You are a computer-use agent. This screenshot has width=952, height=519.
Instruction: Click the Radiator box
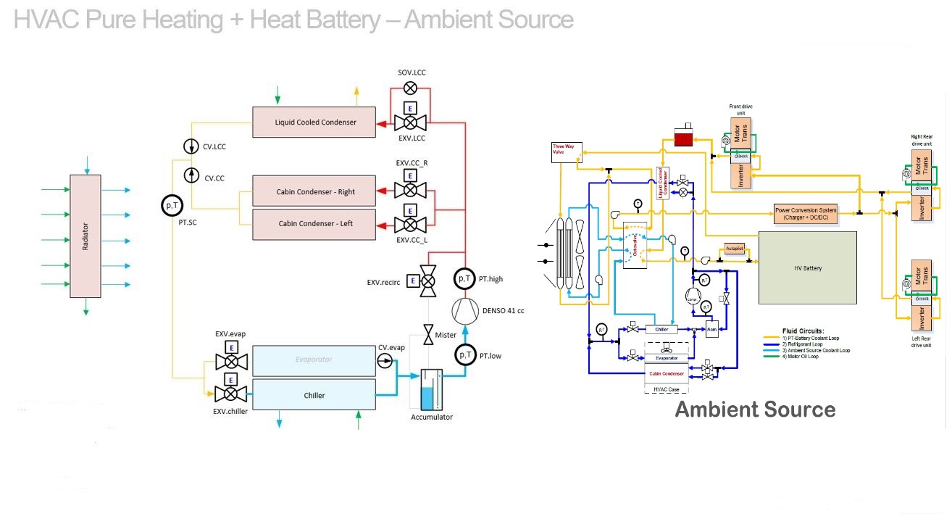tap(85, 236)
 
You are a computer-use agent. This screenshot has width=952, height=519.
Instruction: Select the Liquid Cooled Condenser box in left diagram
tap(314, 122)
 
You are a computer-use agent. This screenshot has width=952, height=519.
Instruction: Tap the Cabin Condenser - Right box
tap(314, 191)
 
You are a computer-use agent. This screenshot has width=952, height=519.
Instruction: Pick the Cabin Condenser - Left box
tap(314, 223)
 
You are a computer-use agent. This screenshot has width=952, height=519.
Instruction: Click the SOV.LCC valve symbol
tap(410, 88)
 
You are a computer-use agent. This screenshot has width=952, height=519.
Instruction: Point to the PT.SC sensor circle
tap(172, 206)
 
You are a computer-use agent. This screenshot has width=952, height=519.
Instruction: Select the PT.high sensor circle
tap(465, 278)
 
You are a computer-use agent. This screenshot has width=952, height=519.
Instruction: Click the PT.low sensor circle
tap(465, 354)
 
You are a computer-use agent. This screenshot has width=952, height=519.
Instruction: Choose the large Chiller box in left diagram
tap(314, 395)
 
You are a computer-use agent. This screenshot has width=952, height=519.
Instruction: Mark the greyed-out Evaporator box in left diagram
tap(314, 360)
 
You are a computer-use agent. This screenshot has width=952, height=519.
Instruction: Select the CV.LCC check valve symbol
tap(192, 146)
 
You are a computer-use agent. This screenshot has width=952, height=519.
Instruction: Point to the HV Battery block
tap(807, 267)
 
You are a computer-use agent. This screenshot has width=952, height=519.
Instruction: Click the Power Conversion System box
tap(806, 213)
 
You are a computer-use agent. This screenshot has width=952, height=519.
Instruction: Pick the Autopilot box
tap(735, 249)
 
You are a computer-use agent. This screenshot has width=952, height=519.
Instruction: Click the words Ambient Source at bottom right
tap(755, 410)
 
